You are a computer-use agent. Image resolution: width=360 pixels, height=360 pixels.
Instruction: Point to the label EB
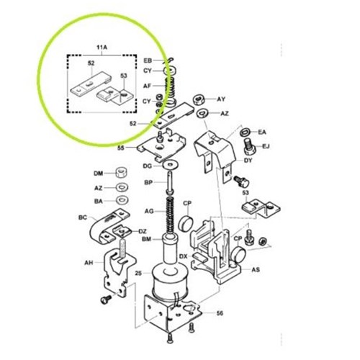click(x=148, y=60)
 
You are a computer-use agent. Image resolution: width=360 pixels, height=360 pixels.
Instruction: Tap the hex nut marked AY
click(x=200, y=99)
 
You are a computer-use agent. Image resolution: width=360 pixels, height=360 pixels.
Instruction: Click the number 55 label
click(x=121, y=148)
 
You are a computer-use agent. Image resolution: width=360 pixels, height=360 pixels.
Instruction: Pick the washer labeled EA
click(x=246, y=132)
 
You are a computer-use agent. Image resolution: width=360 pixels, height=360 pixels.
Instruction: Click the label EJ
click(x=265, y=147)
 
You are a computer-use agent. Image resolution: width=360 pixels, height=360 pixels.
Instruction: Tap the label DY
click(x=248, y=161)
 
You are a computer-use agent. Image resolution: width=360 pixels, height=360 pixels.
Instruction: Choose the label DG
click(x=147, y=166)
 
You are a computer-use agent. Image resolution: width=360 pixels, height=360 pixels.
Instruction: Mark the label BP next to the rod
click(x=147, y=184)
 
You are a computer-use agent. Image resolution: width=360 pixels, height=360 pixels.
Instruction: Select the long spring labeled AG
click(x=170, y=212)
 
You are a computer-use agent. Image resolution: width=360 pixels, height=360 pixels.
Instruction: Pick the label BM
click(x=146, y=239)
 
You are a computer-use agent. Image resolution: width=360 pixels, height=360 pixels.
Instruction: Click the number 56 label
click(x=220, y=314)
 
